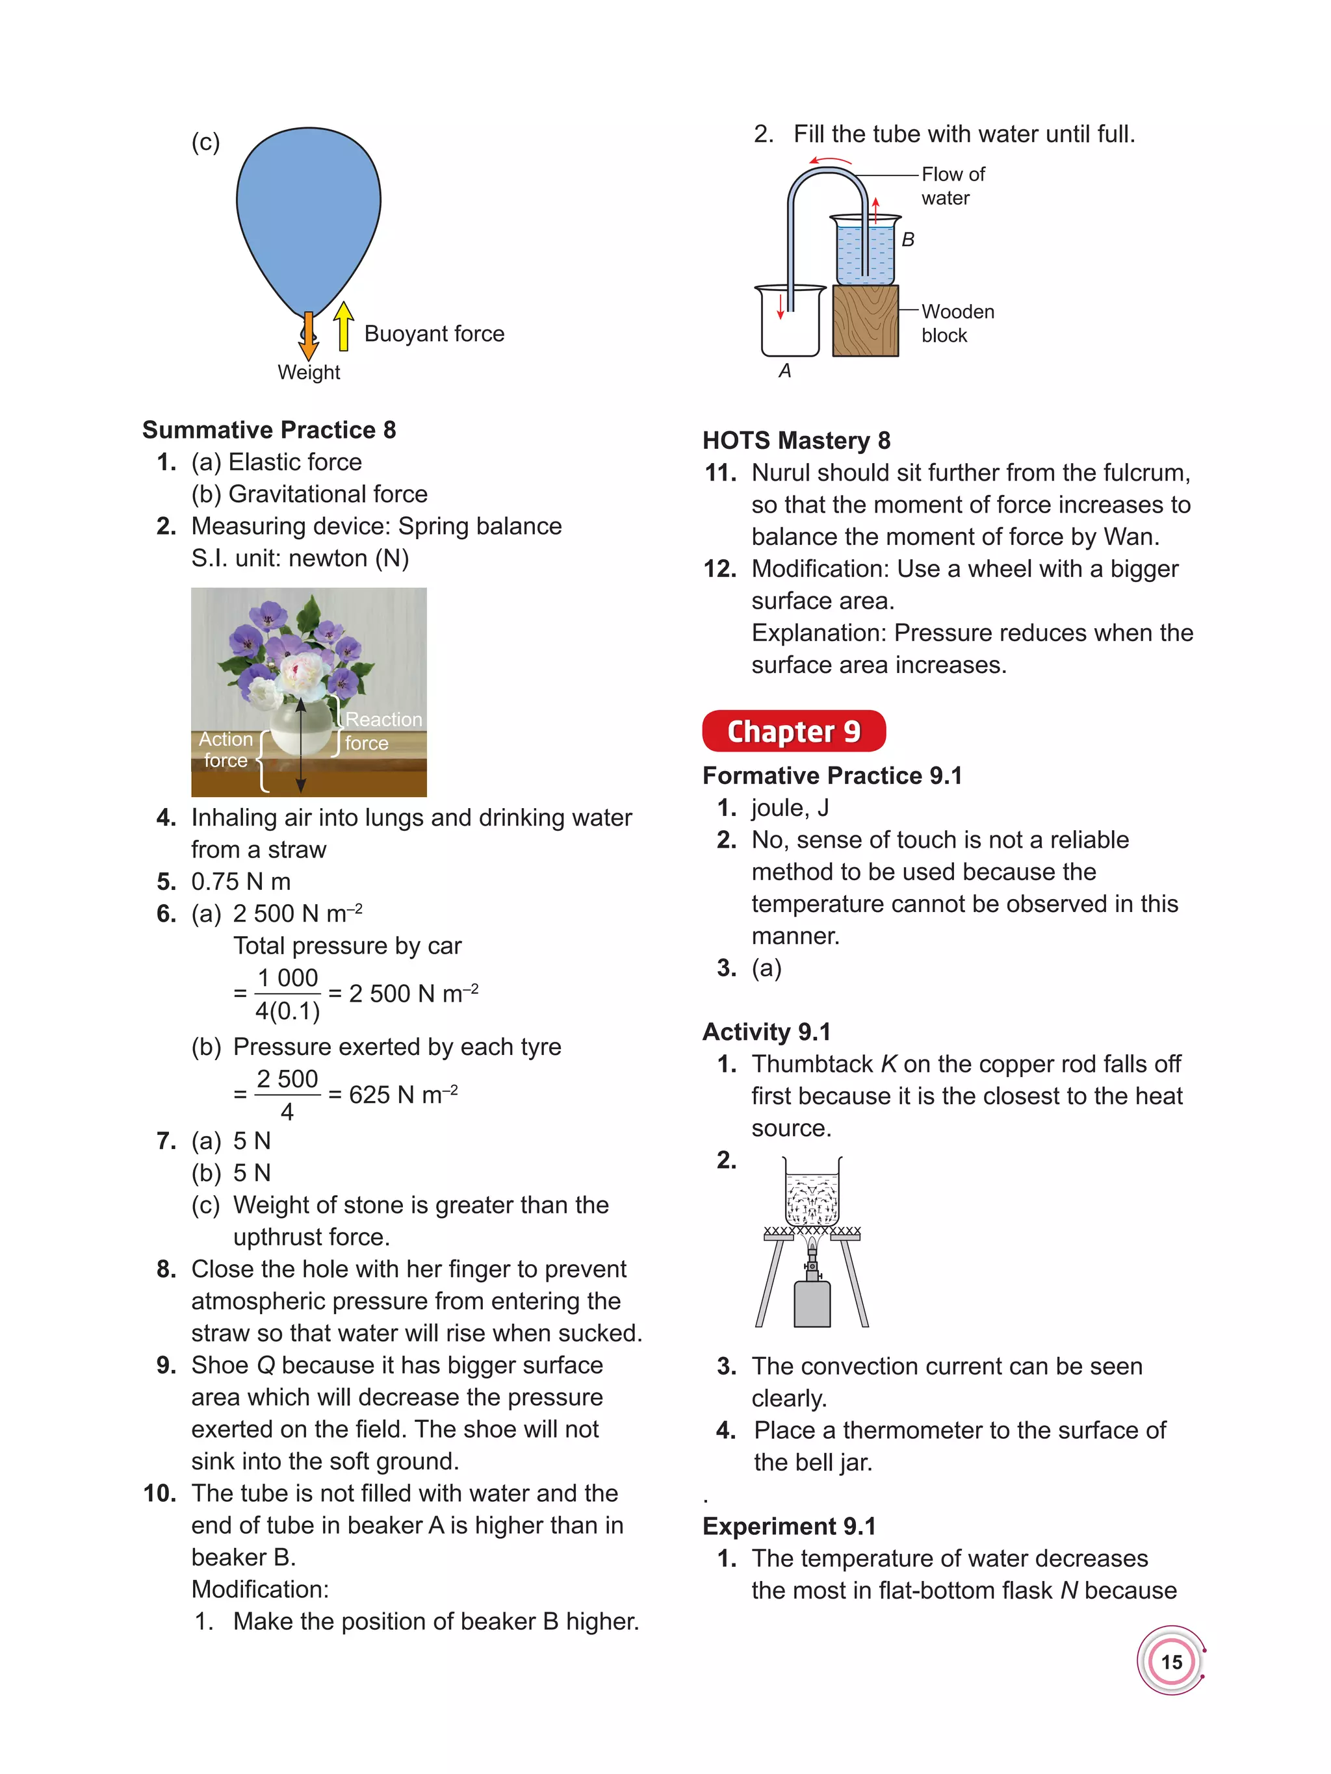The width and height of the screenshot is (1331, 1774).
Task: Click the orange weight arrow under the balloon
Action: point(308,337)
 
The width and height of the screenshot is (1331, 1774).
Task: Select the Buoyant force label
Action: point(434,334)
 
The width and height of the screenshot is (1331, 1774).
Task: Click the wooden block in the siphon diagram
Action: point(865,321)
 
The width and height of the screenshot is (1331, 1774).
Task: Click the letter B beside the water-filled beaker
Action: point(907,240)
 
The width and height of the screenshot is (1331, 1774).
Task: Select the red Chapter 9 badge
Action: point(794,731)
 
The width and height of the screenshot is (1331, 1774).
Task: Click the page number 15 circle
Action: point(1171,1662)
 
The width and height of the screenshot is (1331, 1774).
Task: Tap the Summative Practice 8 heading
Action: point(269,430)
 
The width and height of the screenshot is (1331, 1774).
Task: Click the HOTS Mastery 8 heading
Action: point(796,440)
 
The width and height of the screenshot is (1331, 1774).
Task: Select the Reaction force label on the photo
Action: point(381,731)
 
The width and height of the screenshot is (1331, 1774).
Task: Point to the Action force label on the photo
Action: point(226,749)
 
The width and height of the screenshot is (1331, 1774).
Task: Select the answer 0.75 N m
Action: point(240,881)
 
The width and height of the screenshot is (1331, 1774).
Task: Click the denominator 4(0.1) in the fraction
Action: point(287,1011)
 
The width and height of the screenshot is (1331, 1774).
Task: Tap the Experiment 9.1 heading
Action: point(788,1526)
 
